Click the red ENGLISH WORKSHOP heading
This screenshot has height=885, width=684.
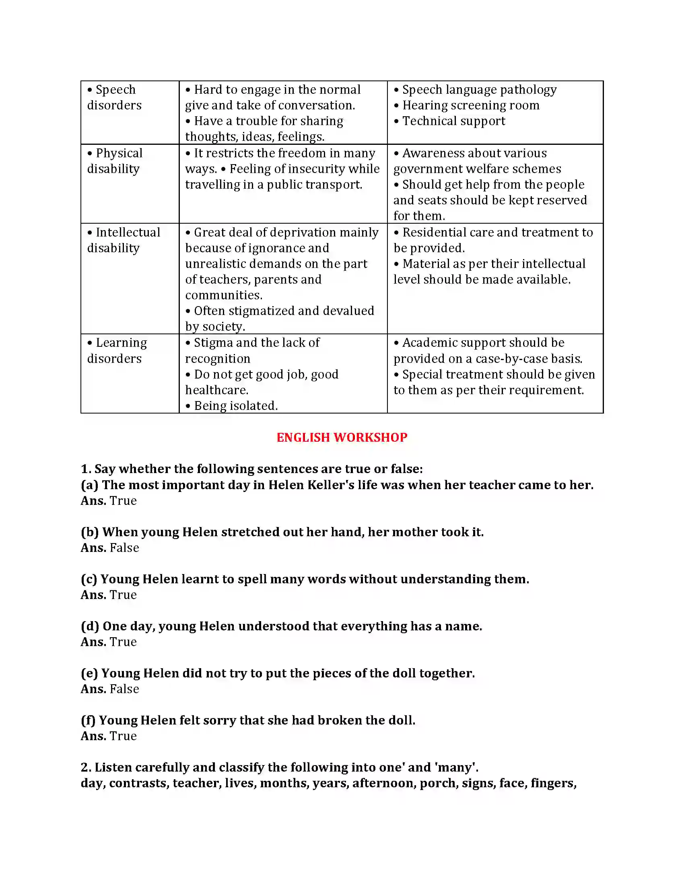(342, 437)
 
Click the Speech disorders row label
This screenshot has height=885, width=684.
(115, 97)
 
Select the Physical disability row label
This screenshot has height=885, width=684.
(115, 161)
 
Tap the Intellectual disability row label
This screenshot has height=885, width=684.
(124, 240)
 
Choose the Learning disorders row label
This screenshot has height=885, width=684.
(117, 350)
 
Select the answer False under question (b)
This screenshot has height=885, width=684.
(124, 548)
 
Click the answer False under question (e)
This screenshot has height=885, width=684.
(124, 689)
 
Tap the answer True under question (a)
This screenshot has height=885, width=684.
(123, 501)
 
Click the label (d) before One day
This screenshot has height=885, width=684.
(90, 626)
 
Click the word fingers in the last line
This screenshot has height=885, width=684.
(553, 783)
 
